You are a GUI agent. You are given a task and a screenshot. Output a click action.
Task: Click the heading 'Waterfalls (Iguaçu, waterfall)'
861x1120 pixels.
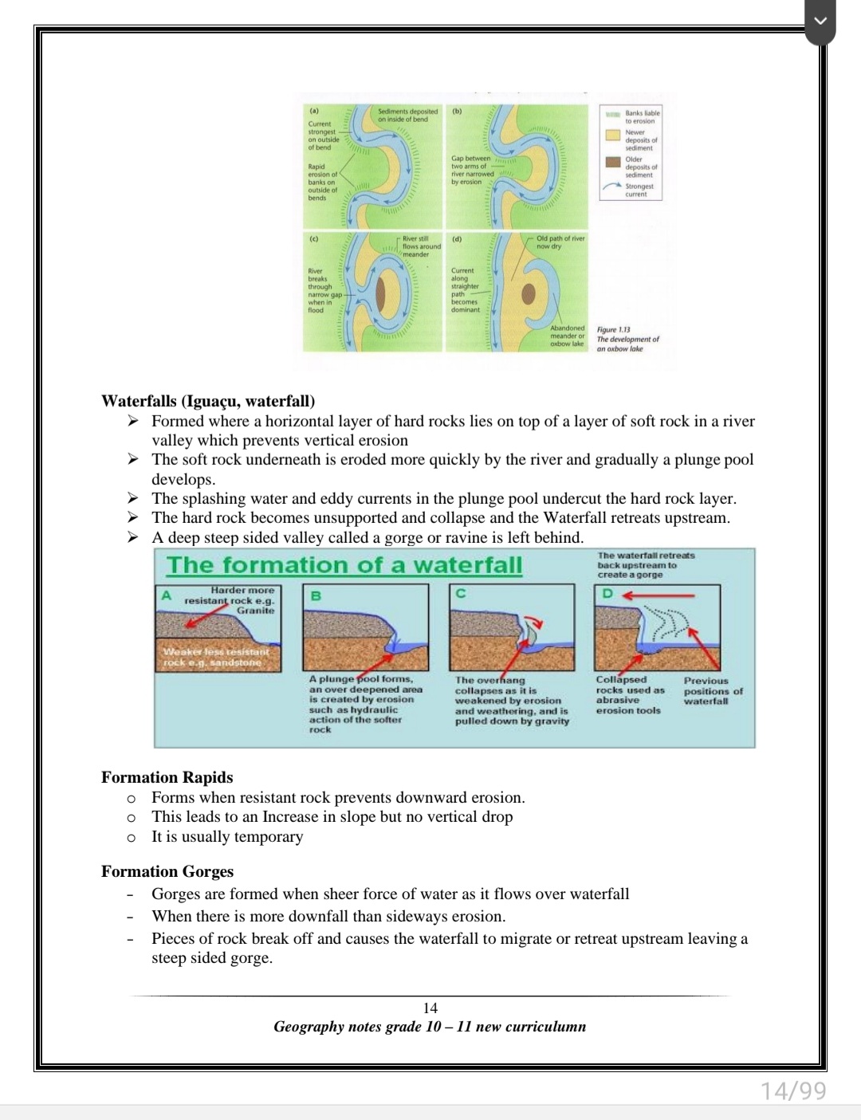click(x=208, y=400)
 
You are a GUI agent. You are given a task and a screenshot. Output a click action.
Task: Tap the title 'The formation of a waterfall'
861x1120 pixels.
click(x=344, y=565)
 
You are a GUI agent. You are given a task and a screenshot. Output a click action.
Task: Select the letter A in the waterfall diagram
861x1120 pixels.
click(x=167, y=595)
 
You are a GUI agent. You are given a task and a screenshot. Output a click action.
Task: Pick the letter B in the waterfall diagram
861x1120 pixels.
click(x=316, y=595)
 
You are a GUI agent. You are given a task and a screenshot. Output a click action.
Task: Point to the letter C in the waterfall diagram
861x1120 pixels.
click(x=461, y=593)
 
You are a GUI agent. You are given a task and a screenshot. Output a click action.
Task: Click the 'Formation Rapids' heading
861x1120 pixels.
click(x=167, y=777)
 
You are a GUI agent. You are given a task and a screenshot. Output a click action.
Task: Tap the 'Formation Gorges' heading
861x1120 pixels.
click(x=167, y=871)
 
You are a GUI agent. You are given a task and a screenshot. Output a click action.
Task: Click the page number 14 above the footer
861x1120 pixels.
click(x=431, y=1008)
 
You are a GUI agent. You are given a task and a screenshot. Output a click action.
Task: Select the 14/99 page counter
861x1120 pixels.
click(x=793, y=1090)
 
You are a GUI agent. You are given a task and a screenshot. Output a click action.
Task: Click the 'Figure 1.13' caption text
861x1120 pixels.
click(x=614, y=329)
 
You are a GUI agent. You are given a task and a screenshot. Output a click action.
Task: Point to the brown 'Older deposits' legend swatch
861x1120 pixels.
click(x=613, y=162)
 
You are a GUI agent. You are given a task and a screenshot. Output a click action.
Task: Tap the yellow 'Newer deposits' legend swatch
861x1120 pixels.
click(x=613, y=135)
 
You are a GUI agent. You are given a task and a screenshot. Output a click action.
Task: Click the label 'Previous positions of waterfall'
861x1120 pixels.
click(x=713, y=691)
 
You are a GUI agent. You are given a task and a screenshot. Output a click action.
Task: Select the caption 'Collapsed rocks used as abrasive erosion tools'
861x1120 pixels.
click(x=629, y=695)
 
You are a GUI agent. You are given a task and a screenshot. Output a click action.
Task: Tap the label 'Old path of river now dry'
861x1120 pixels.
click(x=560, y=242)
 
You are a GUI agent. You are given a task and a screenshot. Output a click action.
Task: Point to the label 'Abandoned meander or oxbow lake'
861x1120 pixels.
click(x=567, y=336)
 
